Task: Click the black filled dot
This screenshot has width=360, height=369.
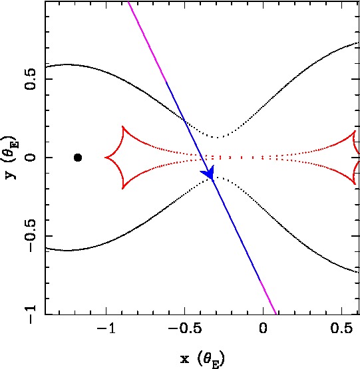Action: (78, 158)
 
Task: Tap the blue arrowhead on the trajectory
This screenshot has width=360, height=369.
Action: (208, 172)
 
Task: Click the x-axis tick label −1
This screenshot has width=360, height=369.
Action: (106, 328)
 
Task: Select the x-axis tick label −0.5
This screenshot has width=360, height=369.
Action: (185, 328)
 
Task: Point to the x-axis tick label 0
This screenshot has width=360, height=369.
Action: (263, 328)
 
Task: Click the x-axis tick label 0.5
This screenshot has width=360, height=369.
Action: (341, 328)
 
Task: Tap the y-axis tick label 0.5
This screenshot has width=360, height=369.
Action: (30, 79)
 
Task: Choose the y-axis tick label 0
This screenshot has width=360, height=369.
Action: (30, 158)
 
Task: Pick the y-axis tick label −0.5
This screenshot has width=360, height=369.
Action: (30, 236)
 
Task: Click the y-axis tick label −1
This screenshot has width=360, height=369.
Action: (30, 314)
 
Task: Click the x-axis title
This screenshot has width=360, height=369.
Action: (202, 359)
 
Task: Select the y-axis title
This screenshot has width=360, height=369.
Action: (11, 158)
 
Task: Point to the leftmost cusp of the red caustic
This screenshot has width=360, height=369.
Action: (105, 158)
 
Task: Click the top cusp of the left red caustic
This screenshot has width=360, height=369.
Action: (122, 126)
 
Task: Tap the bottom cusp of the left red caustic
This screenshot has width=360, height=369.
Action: (122, 189)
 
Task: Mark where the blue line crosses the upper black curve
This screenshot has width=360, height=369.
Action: (184, 121)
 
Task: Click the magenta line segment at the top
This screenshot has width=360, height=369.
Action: (147, 42)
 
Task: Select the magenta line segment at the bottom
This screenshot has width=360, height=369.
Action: (268, 297)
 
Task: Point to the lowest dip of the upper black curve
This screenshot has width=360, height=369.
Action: (217, 137)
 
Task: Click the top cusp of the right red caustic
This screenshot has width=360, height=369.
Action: (355, 132)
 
